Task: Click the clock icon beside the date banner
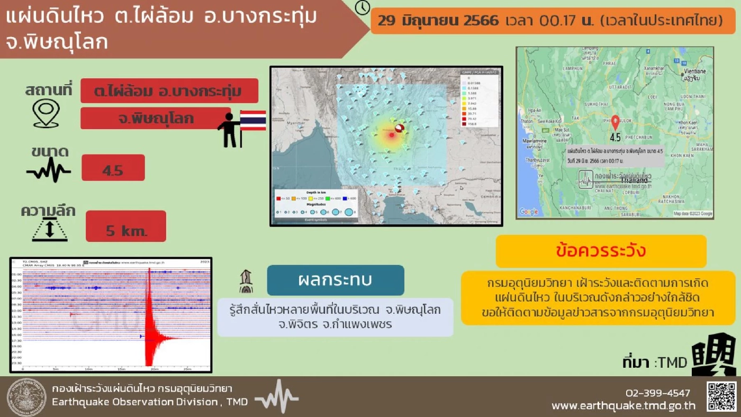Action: (363, 7)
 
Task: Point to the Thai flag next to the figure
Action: (253, 121)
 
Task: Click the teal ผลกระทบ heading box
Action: (335, 280)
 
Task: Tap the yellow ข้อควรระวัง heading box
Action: (601, 251)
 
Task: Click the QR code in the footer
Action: (721, 397)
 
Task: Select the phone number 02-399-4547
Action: (658, 393)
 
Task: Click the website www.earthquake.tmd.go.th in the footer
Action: (623, 406)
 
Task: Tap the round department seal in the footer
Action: (26, 397)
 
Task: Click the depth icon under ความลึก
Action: (49, 230)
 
